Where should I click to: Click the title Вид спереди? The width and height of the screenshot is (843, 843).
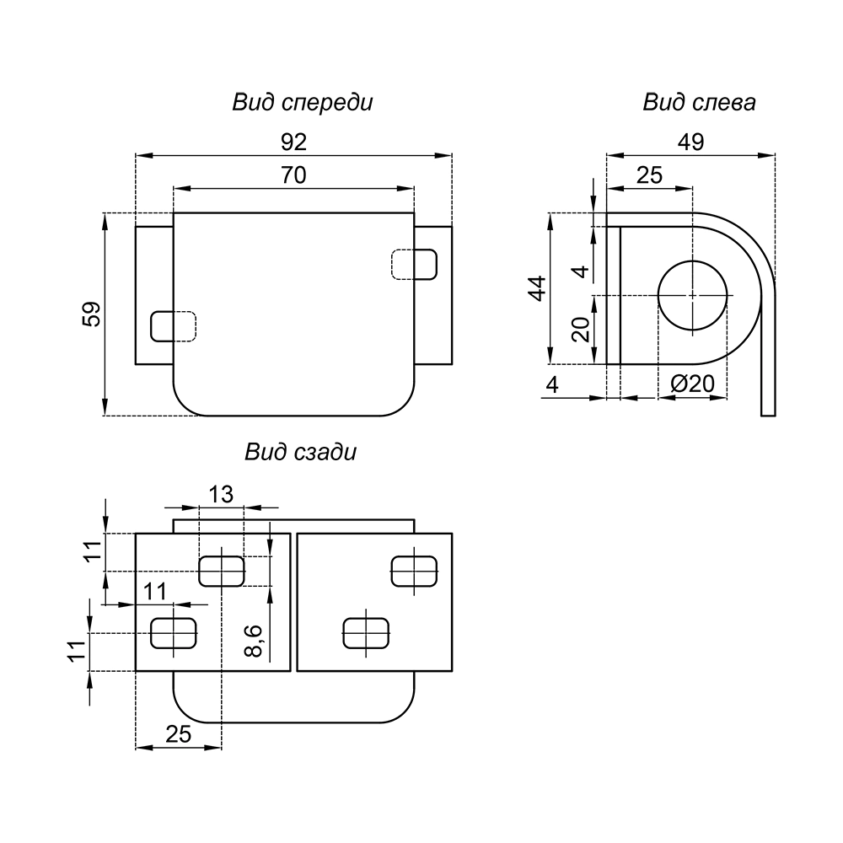pyautogui.click(x=303, y=103)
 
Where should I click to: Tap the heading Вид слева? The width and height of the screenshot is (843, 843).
pyautogui.click(x=699, y=103)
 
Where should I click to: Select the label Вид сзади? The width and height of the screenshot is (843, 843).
pyautogui.click(x=301, y=452)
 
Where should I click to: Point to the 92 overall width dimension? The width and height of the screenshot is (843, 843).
pyautogui.click(x=293, y=142)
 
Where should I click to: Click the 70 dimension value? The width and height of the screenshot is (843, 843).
pyautogui.click(x=293, y=175)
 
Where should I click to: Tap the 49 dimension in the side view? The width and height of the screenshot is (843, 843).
pyautogui.click(x=690, y=142)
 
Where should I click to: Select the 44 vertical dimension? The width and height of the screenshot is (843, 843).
pyautogui.click(x=538, y=287)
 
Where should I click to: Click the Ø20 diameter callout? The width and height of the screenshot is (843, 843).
pyautogui.click(x=692, y=384)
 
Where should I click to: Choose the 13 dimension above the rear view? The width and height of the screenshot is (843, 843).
pyautogui.click(x=221, y=495)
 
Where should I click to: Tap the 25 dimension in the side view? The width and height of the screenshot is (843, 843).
pyautogui.click(x=649, y=175)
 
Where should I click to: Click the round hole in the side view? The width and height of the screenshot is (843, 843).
pyautogui.click(x=692, y=295)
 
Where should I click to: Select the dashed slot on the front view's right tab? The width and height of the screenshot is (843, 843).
pyautogui.click(x=415, y=264)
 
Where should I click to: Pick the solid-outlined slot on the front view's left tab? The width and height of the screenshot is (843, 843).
pyautogui.click(x=172, y=326)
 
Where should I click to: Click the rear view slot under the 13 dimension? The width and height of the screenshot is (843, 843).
pyautogui.click(x=221, y=570)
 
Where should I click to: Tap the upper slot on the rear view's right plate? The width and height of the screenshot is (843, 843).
pyautogui.click(x=416, y=570)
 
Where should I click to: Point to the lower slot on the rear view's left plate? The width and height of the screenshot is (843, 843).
pyautogui.click(x=173, y=632)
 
